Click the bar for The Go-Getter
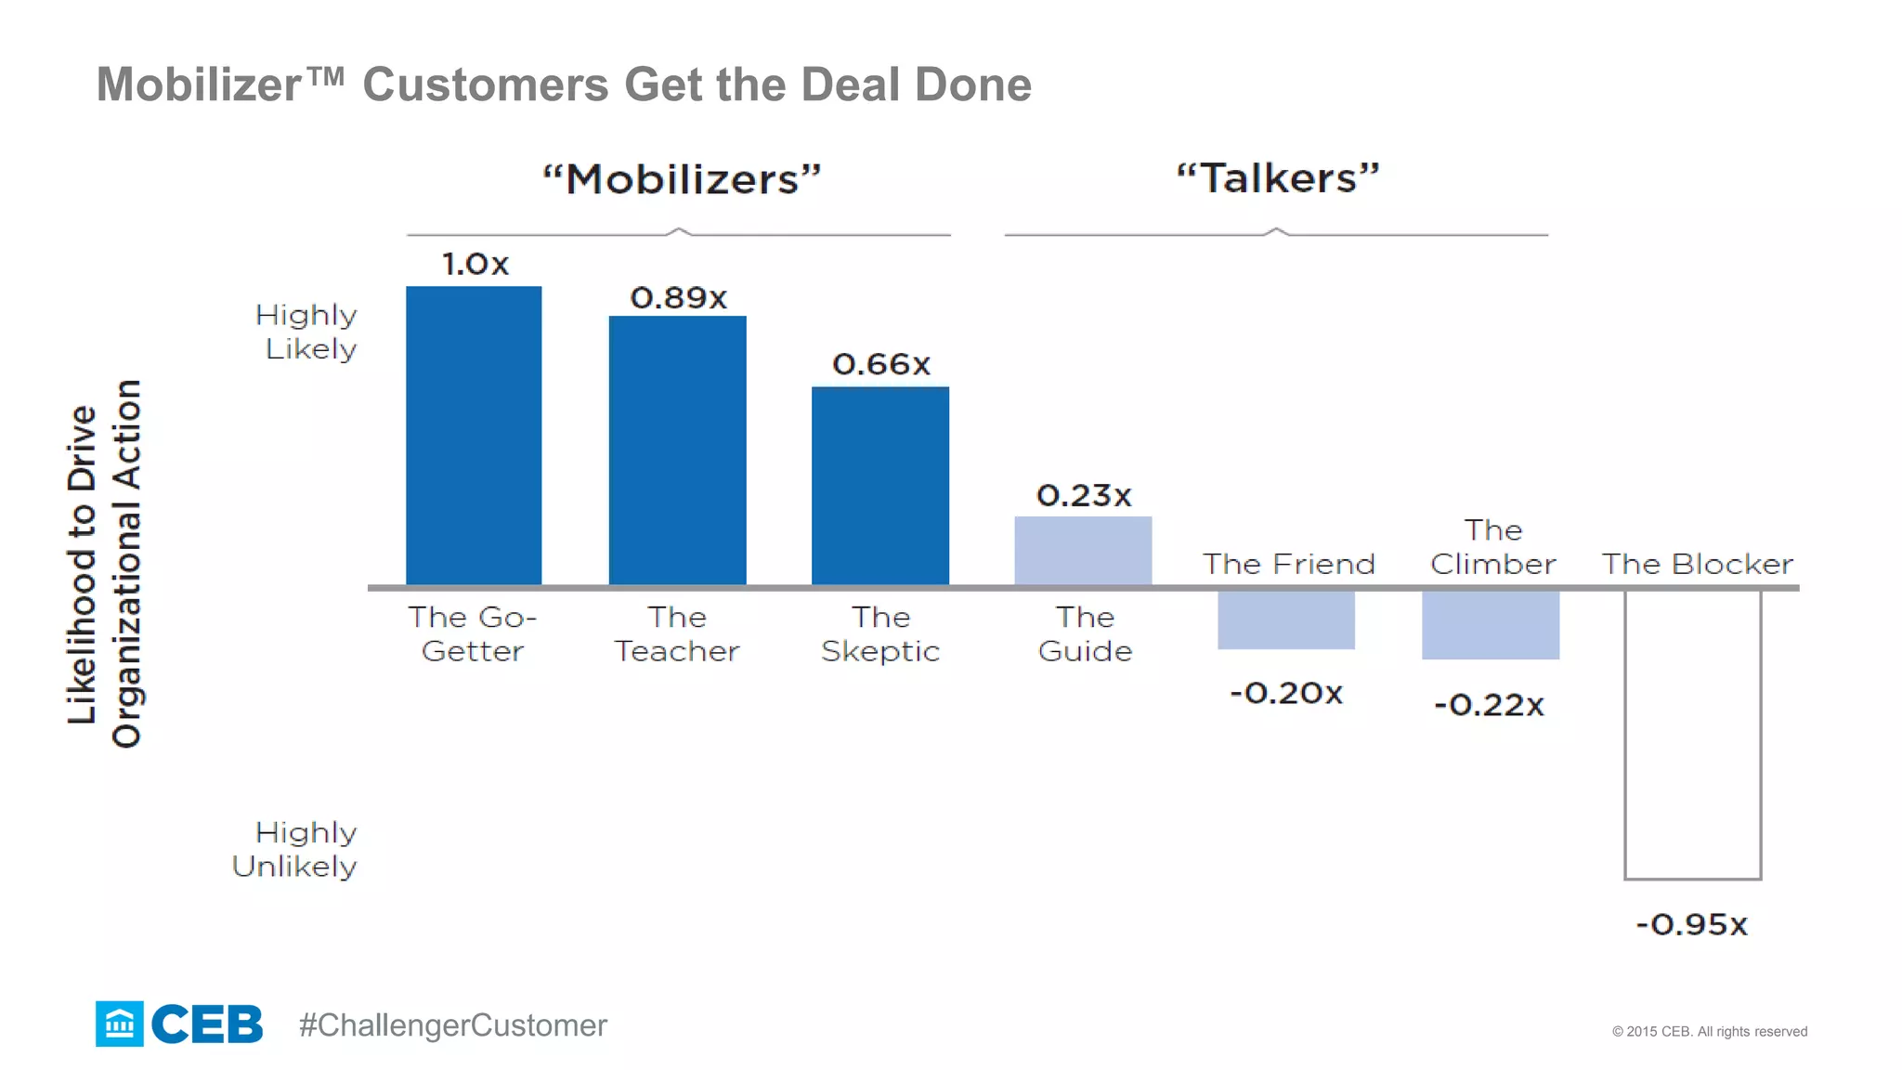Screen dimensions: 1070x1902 [x=474, y=435]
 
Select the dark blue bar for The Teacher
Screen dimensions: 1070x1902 [x=677, y=450]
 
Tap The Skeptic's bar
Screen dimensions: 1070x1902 [x=879, y=485]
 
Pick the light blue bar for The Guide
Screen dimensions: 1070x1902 [x=1083, y=551]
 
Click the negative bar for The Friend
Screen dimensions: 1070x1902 [x=1286, y=620]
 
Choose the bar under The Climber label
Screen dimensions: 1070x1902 [x=1490, y=625]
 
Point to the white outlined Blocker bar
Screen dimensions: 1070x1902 [x=1692, y=734]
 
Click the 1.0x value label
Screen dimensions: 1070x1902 [x=475, y=264]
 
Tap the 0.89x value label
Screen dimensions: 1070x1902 [x=678, y=298]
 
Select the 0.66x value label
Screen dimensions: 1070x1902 [x=881, y=364]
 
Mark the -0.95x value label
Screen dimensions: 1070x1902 [x=1691, y=924]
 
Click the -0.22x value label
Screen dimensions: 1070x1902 [x=1489, y=705]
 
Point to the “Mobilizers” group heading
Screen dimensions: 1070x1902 [x=682, y=178]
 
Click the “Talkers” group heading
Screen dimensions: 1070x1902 [x=1278, y=177]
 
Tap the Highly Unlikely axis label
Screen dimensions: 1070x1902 [x=295, y=849]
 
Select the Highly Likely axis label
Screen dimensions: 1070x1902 [x=307, y=332]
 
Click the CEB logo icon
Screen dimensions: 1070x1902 [x=120, y=1024]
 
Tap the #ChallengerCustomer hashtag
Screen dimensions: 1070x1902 [x=452, y=1025]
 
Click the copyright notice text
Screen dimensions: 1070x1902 [x=1709, y=1031]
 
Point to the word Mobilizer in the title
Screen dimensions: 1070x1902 [x=199, y=85]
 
